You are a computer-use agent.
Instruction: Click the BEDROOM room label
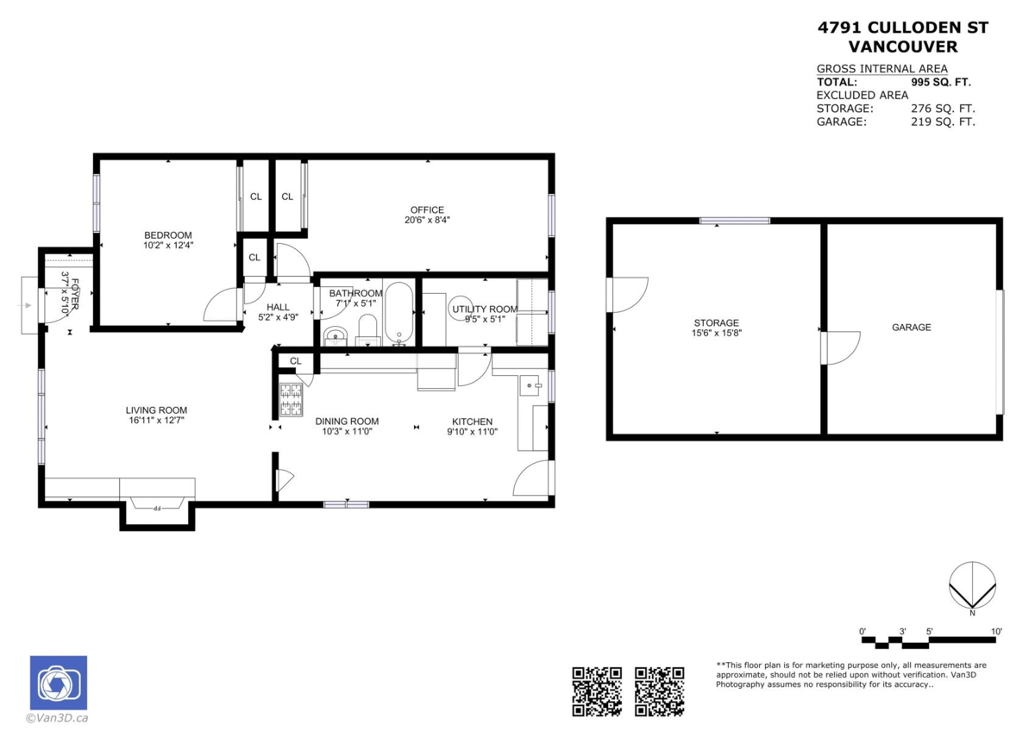[167, 235]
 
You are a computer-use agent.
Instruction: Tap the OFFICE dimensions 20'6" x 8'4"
[427, 221]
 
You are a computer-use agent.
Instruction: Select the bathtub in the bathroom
[398, 313]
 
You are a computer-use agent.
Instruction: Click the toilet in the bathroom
[367, 330]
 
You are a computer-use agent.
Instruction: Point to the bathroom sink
[335, 335]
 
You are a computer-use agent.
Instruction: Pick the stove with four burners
[292, 400]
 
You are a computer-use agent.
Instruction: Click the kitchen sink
[530, 385]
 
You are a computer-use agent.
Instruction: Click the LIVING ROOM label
[156, 410]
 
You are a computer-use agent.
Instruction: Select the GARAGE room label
[911, 328]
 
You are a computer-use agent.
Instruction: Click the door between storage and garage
[841, 347]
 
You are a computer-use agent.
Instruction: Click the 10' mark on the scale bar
[996, 631]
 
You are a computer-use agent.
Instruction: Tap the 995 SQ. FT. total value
[941, 82]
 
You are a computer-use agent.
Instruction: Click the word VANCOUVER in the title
[903, 47]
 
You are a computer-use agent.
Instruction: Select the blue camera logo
[59, 683]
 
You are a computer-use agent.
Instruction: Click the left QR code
[597, 691]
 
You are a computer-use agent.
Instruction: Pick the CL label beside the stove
[296, 361]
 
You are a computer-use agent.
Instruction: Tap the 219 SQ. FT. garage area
[943, 122]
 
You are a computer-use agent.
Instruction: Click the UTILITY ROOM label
[485, 309]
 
